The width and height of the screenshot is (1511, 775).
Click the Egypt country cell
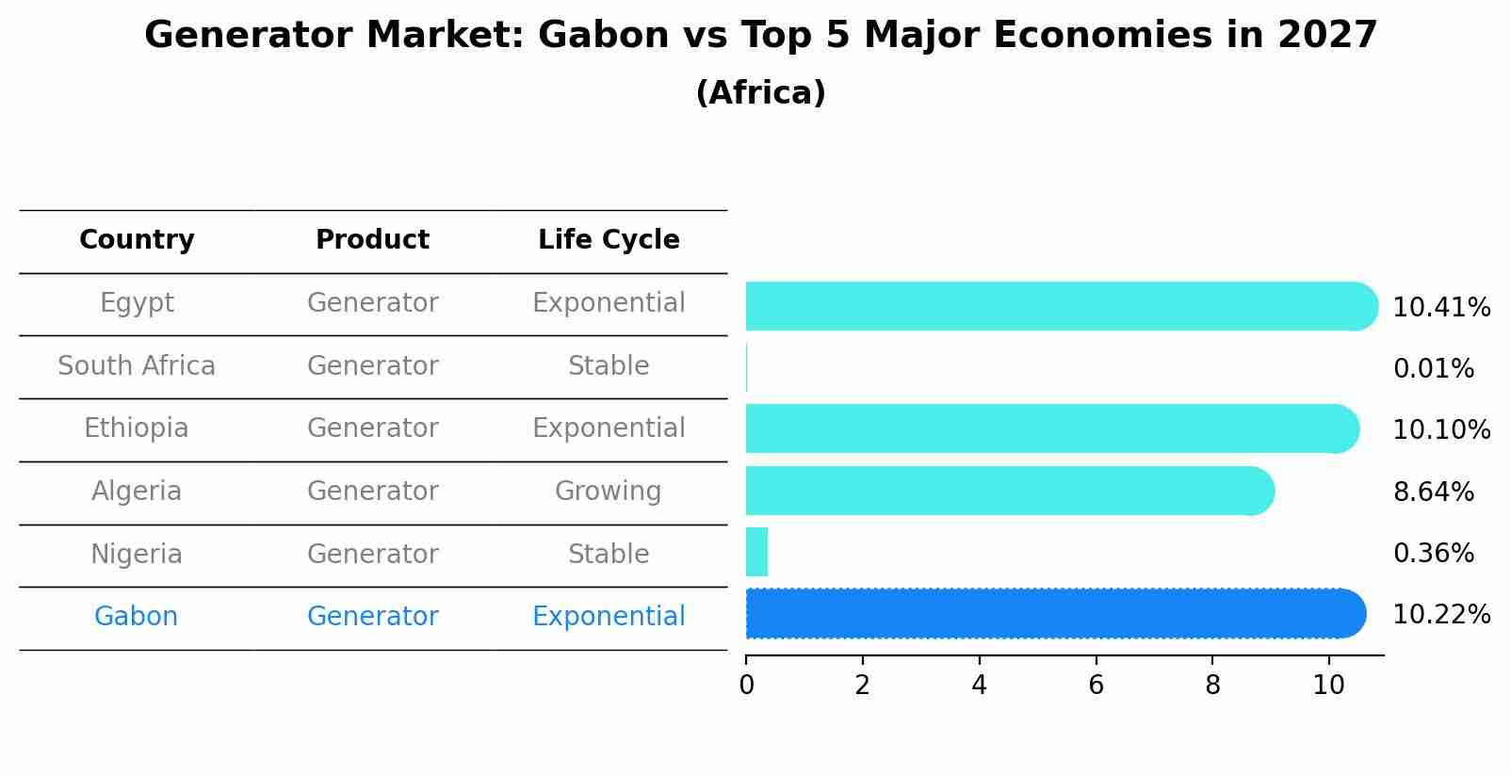pyautogui.click(x=137, y=303)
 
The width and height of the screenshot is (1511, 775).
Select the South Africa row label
pyautogui.click(x=137, y=366)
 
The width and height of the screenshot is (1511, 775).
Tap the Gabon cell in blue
pyautogui.click(x=136, y=617)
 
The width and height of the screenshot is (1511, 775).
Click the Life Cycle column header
pyautogui.click(x=609, y=240)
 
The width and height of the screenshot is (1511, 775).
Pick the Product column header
pyautogui.click(x=372, y=240)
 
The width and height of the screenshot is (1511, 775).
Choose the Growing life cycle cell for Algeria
pyautogui.click(x=609, y=492)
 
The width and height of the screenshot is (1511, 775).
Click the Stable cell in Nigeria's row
pyautogui.click(x=609, y=555)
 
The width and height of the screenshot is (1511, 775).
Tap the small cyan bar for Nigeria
pyautogui.click(x=756, y=552)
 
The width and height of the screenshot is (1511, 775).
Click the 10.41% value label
pyautogui.click(x=1441, y=308)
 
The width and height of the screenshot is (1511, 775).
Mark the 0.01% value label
pyautogui.click(x=1433, y=369)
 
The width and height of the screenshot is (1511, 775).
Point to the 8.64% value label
pyautogui.click(x=1433, y=492)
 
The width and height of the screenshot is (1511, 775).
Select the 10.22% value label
pyautogui.click(x=1441, y=615)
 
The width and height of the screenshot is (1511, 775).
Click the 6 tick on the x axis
pyautogui.click(x=1096, y=686)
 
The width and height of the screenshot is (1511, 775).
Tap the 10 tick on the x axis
pyautogui.click(x=1328, y=686)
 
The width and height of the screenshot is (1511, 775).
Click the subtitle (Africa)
pyautogui.click(x=760, y=93)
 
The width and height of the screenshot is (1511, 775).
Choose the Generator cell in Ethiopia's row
pyautogui.click(x=372, y=428)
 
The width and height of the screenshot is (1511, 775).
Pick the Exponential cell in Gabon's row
pyautogui.click(x=609, y=617)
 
